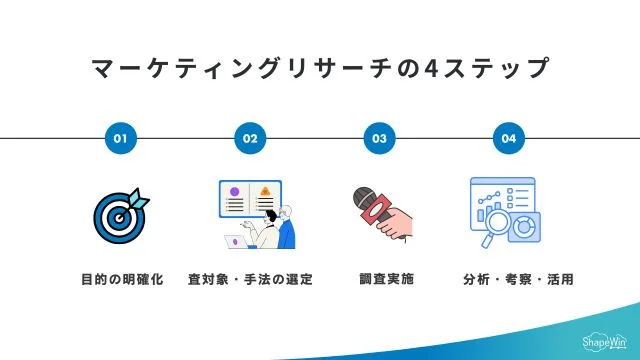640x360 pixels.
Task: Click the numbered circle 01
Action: [x=120, y=138]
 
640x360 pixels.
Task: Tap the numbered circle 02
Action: [x=250, y=138]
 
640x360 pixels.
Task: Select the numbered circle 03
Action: [x=379, y=138]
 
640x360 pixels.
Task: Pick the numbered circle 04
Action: [x=509, y=138]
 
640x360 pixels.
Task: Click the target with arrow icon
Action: [x=120, y=211]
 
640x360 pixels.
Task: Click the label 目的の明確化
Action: [x=121, y=279]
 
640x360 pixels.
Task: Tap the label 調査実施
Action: [x=380, y=279]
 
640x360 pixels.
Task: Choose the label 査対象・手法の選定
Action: [x=250, y=279]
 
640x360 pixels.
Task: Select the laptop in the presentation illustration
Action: [x=236, y=241]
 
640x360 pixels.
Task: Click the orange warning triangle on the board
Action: [x=265, y=190]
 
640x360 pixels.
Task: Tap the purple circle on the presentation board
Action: [x=234, y=190]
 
